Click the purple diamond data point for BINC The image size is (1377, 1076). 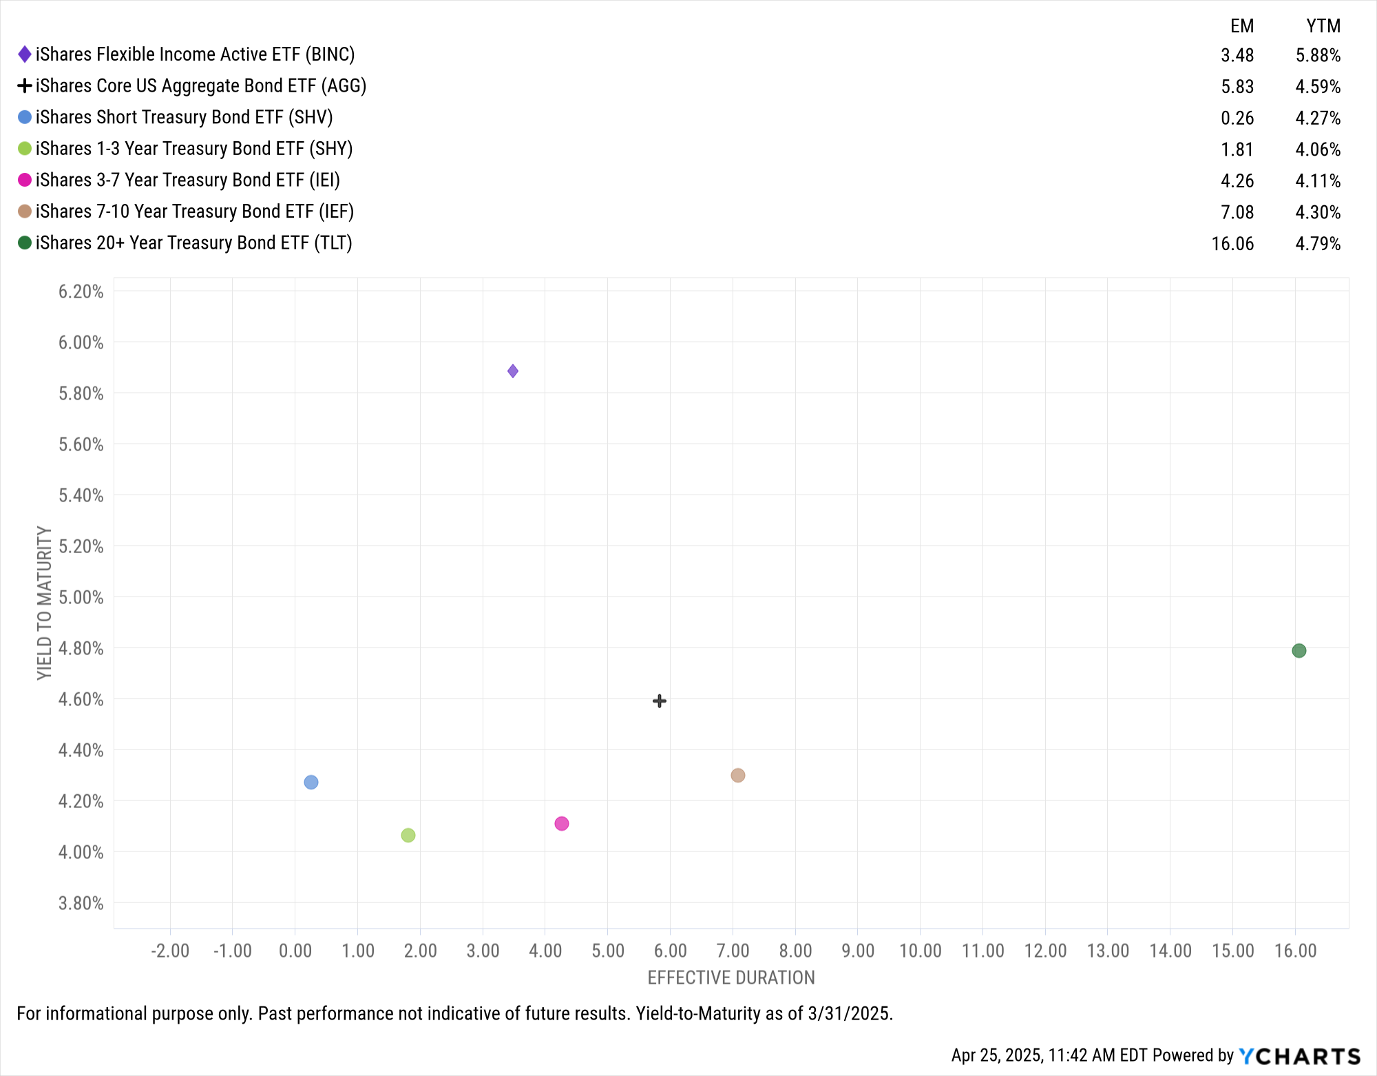pyautogui.click(x=513, y=371)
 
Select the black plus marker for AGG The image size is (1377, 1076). pyautogui.click(x=659, y=701)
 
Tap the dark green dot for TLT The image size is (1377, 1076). pyautogui.click(x=1299, y=651)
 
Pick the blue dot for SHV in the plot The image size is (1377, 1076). pyautogui.click(x=311, y=783)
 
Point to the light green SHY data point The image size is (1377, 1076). pyautogui.click(x=408, y=836)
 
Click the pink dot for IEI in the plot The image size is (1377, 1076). pyautogui.click(x=562, y=824)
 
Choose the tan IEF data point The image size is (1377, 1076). pyautogui.click(x=737, y=776)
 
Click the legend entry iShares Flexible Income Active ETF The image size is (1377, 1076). pyautogui.click(x=195, y=54)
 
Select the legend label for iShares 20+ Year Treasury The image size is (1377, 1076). pyautogui.click(x=193, y=243)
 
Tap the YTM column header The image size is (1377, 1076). pyautogui.click(x=1323, y=26)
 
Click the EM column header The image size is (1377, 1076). pyautogui.click(x=1241, y=26)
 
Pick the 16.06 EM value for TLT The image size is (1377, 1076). pyautogui.click(x=1232, y=244)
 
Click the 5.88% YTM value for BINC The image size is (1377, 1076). pyautogui.click(x=1318, y=55)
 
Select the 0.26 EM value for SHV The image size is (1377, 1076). pyautogui.click(x=1237, y=118)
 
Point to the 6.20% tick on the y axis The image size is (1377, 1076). pyautogui.click(x=81, y=291)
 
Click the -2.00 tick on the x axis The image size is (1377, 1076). pyautogui.click(x=170, y=951)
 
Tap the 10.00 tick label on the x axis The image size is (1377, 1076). pyautogui.click(x=920, y=951)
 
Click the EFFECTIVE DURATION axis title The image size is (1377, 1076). pyautogui.click(x=731, y=978)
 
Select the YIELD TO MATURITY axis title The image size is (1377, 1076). pyautogui.click(x=44, y=603)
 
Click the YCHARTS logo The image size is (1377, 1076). pyautogui.click(x=1300, y=1056)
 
